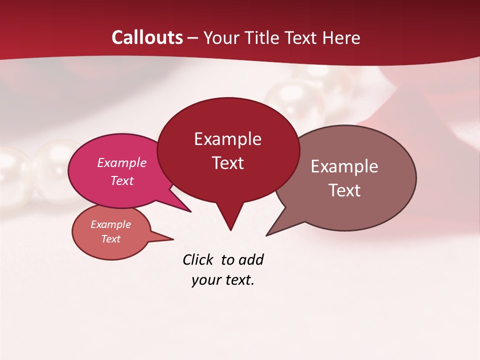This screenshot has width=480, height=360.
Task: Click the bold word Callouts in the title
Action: [147, 37]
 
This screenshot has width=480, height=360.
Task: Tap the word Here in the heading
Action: [342, 37]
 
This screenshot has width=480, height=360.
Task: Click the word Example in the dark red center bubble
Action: [227, 139]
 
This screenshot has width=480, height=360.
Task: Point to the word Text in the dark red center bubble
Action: [227, 163]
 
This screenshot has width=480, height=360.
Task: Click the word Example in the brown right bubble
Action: [344, 166]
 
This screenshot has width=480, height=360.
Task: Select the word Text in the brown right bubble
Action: [344, 190]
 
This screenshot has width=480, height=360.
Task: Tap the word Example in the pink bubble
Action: [122, 162]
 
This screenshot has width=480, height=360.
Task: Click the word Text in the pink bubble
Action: [122, 180]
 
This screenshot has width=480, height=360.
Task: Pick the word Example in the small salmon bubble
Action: [110, 224]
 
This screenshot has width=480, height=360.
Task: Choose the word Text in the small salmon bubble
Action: [110, 239]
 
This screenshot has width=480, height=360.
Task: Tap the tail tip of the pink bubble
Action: [190, 211]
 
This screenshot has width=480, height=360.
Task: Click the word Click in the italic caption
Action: [198, 259]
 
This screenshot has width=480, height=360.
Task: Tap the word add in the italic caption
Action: [251, 259]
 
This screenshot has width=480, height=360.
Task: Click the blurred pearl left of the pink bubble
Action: [50, 167]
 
